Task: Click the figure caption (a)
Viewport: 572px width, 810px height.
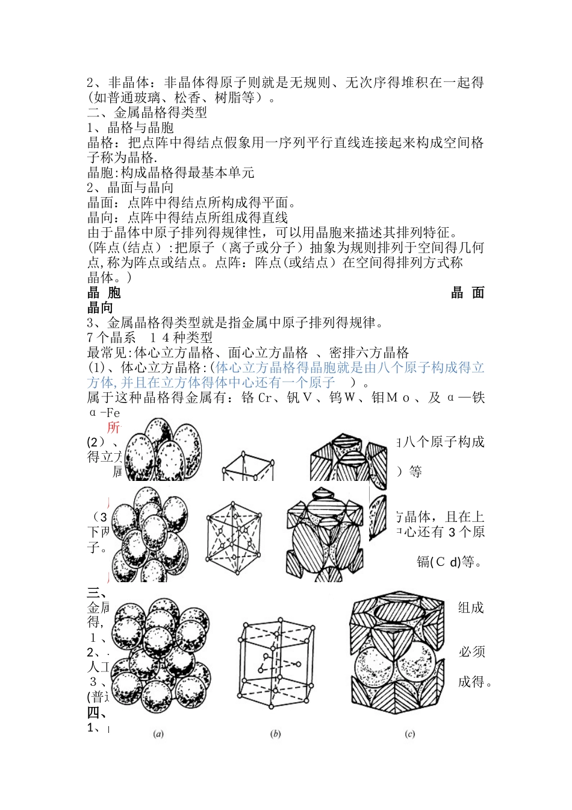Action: tap(158, 734)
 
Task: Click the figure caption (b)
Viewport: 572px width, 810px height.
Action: tap(276, 734)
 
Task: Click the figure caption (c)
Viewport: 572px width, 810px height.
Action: tap(410, 734)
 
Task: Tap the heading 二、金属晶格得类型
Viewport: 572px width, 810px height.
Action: tap(147, 113)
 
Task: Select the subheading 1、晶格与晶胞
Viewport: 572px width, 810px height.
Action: tap(131, 128)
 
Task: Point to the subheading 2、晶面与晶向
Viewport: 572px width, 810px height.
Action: tap(131, 188)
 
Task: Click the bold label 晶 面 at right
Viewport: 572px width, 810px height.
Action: tap(468, 293)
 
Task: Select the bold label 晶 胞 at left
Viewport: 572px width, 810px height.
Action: tap(104, 293)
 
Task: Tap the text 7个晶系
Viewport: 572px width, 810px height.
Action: tap(111, 338)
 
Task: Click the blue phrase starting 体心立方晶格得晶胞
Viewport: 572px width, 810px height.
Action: tap(349, 368)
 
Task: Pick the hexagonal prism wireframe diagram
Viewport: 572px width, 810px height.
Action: tap(276, 665)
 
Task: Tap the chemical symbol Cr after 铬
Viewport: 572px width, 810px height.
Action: tap(266, 398)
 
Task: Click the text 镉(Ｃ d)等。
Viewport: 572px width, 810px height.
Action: tap(449, 562)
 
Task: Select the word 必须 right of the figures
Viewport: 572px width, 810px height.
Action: tap(471, 652)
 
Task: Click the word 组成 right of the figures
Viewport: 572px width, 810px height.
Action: tap(471, 607)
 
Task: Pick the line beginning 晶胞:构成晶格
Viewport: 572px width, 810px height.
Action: tap(171, 173)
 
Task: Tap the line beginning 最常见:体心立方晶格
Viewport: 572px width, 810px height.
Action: tap(248, 353)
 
